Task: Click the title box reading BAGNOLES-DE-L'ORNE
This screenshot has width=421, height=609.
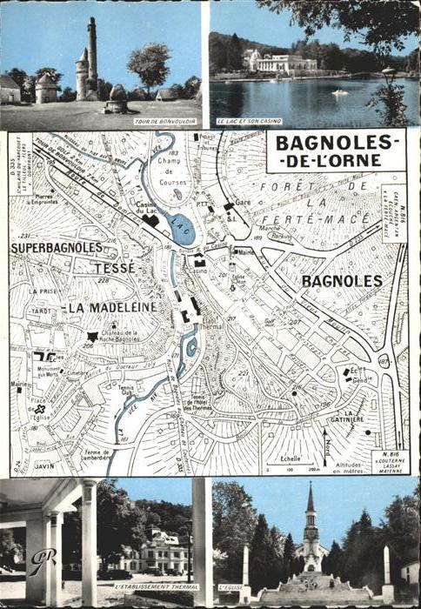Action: coord(336,151)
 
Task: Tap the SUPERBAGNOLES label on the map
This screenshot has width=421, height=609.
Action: coord(57,248)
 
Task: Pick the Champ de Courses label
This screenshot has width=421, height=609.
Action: coord(173,184)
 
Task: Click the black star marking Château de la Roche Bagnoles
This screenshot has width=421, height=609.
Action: coord(93,337)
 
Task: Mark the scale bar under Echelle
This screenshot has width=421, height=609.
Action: coord(291,467)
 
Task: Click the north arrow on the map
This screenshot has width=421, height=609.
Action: coord(325,444)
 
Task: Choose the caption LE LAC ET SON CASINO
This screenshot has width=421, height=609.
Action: coord(250,121)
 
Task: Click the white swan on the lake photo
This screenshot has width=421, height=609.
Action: coord(339,91)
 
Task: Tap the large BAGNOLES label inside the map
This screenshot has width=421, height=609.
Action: coord(342,281)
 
